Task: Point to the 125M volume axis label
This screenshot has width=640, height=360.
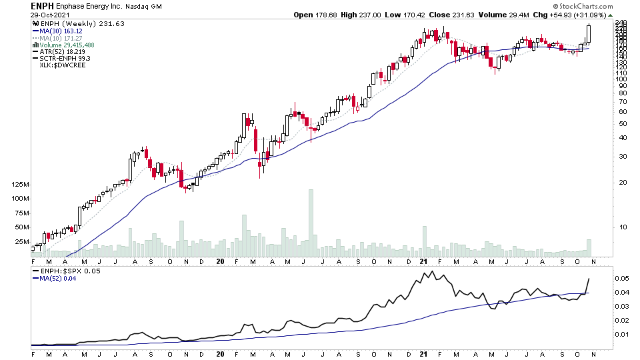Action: tap(19, 184)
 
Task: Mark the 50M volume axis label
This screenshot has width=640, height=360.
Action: tap(21, 227)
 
